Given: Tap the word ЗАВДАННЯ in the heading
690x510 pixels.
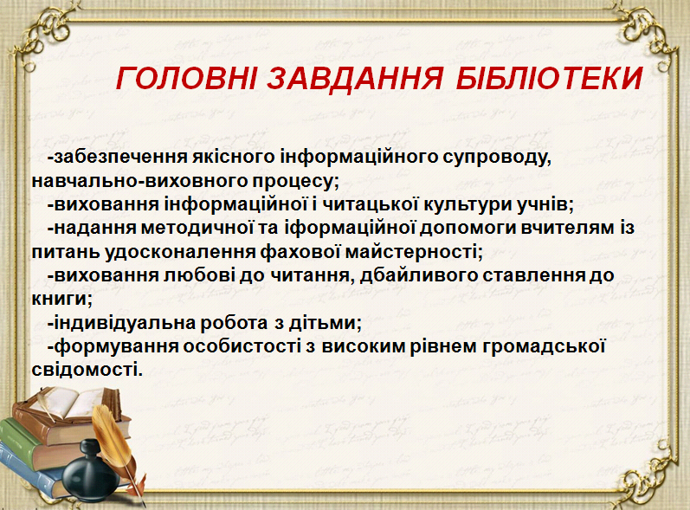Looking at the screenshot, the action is coord(355,78).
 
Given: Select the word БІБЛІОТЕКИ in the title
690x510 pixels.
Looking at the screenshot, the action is coord(550,78).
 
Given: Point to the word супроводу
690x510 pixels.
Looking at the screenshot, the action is coord(497,158).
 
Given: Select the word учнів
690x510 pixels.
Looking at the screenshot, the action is coord(545,204).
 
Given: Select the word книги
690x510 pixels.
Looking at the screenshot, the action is coord(61,300).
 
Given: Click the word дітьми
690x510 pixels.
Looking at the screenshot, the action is coord(325,324).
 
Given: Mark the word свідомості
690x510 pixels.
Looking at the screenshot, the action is coord(87,369).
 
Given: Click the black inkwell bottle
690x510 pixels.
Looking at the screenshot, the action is coord(90,473).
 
